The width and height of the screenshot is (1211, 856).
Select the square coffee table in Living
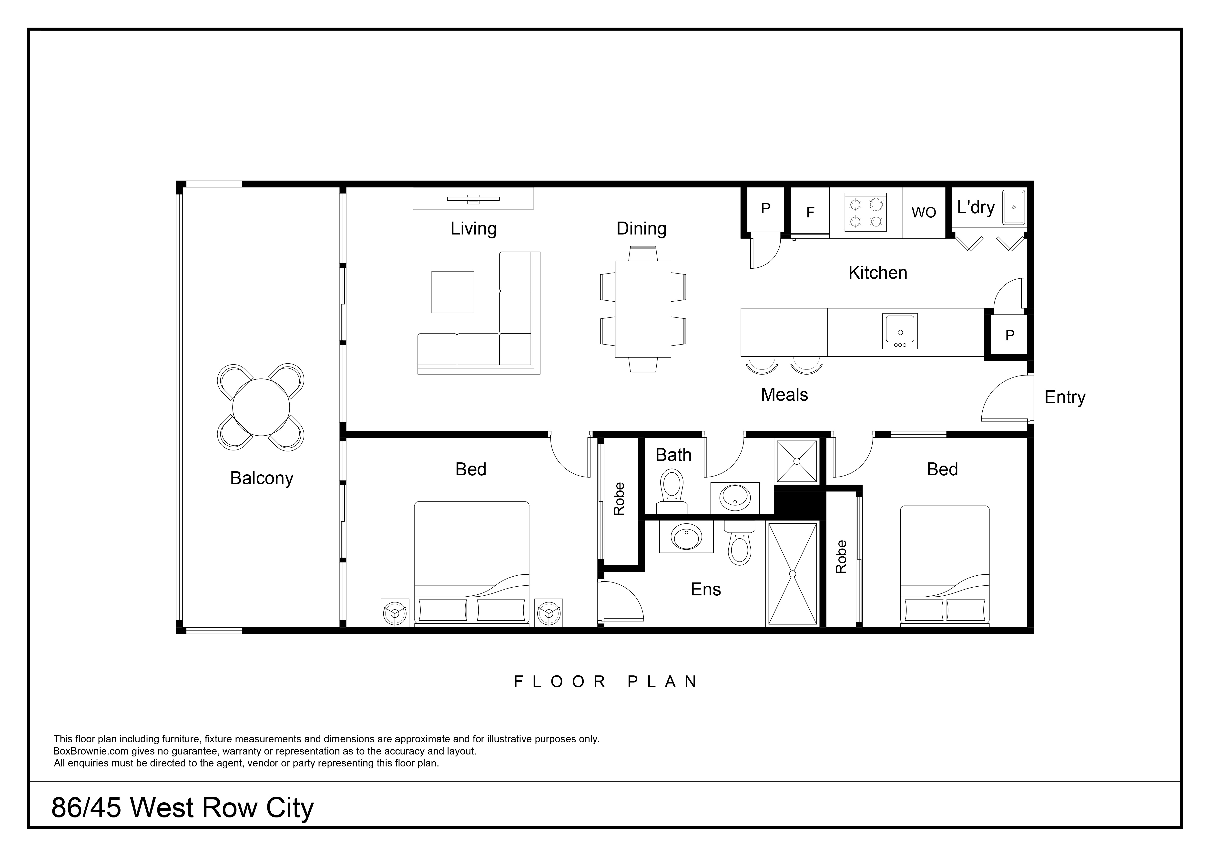[x=453, y=292]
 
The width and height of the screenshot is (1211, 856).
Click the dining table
[x=643, y=309]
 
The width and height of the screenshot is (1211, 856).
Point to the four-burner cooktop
[x=865, y=213]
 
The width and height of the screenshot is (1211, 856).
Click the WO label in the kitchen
[x=924, y=213]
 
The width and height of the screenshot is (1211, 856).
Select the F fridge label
[x=810, y=213]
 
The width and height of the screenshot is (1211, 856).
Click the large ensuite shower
[x=792, y=574]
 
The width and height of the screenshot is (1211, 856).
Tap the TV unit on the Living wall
[x=473, y=198]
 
